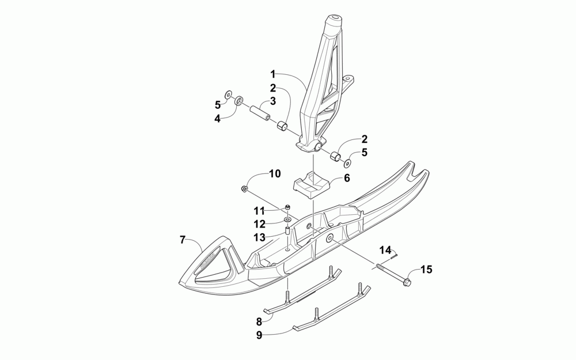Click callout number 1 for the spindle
[274, 74]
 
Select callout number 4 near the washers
[218, 119]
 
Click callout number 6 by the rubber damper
[347, 179]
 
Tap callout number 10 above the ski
[274, 173]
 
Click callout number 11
[260, 211]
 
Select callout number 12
[260, 223]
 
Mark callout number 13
[260, 237]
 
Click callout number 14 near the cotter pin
[385, 250]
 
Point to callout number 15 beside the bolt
[426, 269]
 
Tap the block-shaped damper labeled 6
[311, 184]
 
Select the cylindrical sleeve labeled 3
[260, 109]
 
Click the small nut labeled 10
[244, 189]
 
